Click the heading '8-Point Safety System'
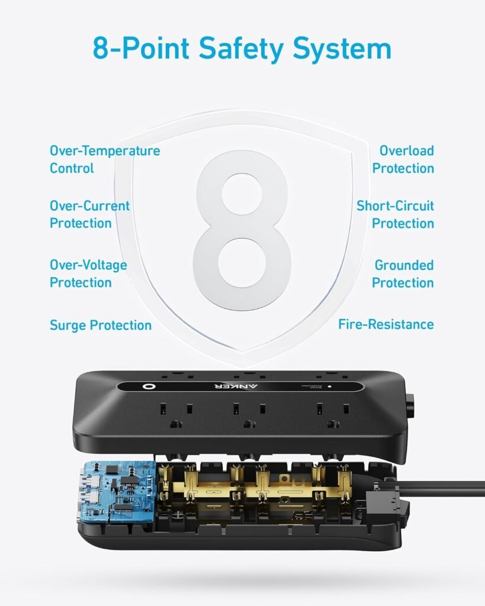242,49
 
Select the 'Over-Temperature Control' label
105,159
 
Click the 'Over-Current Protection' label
89,214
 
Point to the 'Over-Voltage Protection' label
88,273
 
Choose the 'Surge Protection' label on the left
101,325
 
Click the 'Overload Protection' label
403,159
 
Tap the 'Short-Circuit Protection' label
395,214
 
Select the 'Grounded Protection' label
403,273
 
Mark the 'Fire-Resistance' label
386,324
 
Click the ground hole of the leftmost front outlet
175,424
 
